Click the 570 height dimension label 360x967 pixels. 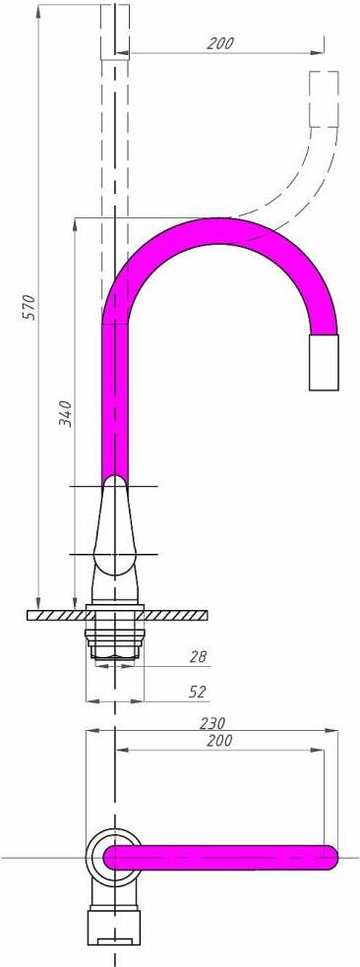point(30,307)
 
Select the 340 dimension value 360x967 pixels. point(66,414)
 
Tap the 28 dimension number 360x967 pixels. point(198,656)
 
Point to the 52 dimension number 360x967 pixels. point(198,692)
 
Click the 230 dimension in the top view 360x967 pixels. point(212,722)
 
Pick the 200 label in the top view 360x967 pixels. point(220,741)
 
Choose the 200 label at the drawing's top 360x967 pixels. point(220,43)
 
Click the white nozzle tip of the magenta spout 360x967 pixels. point(324,363)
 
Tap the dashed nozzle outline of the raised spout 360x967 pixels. point(324,98)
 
